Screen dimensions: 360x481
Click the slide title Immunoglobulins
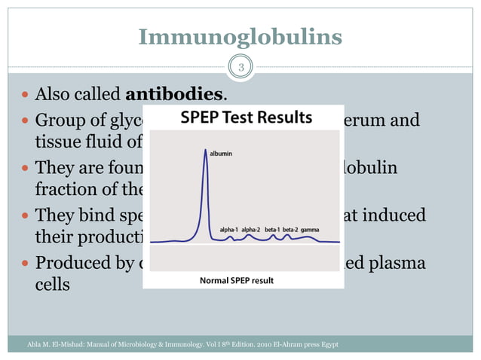(240, 36)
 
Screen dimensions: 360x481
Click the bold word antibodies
(174, 95)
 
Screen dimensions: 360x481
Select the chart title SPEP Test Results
(246, 117)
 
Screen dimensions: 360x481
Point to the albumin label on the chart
(221, 153)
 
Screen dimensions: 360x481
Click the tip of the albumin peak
(204, 150)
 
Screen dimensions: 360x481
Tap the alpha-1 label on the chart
(231, 227)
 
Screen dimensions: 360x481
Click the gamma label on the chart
(310, 227)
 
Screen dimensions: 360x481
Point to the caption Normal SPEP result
(236, 280)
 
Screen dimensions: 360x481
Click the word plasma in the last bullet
(397, 264)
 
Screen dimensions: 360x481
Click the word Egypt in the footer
(327, 344)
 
